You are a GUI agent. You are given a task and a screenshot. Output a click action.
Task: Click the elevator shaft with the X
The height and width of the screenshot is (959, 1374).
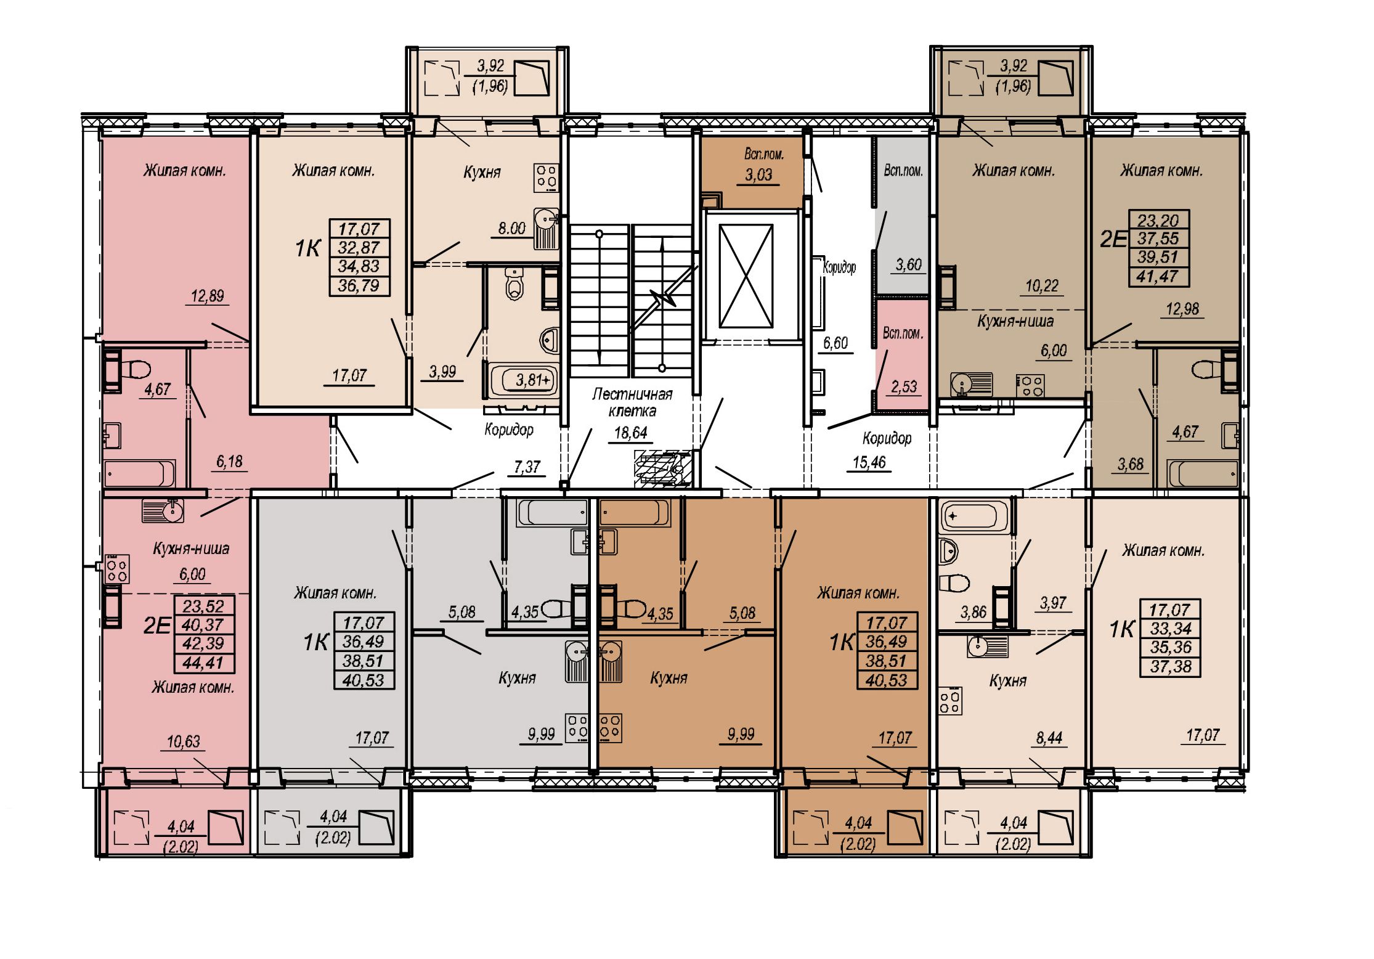tap(746, 275)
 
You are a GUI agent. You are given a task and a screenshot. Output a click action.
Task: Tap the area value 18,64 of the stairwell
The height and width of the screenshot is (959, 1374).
tap(631, 433)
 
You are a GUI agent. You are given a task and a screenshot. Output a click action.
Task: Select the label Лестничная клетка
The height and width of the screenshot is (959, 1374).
tap(632, 402)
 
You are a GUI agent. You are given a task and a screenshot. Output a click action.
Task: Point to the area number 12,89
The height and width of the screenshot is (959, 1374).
tap(207, 296)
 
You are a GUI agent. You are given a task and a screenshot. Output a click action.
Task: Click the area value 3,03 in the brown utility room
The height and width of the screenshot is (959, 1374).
tap(758, 174)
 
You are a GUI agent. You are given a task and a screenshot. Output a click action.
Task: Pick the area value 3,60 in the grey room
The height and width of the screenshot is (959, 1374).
tap(908, 264)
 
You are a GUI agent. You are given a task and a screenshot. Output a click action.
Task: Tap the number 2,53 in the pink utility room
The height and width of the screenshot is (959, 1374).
tap(904, 386)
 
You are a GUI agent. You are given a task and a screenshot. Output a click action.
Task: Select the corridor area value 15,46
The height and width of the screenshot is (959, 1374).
tap(869, 462)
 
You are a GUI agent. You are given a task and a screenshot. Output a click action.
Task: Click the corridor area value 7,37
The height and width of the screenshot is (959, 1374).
tap(527, 467)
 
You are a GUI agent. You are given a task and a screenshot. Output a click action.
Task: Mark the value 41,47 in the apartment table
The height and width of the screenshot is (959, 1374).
tap(1158, 277)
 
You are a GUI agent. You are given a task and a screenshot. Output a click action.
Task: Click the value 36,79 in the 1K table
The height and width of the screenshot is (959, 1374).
tap(359, 285)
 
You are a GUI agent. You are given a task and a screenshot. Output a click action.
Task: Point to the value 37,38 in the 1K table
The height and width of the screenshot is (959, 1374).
tap(1171, 666)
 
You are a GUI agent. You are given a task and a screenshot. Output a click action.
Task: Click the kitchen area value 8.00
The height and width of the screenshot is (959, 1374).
tap(511, 229)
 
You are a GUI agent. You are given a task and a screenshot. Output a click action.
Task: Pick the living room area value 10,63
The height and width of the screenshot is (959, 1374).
tap(184, 741)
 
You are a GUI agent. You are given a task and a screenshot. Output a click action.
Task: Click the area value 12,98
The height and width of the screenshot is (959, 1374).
tap(1182, 309)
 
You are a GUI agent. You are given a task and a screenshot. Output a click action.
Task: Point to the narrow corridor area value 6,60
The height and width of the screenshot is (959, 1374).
tap(835, 343)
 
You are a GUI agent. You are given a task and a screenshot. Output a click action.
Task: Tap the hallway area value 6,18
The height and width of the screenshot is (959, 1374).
tap(229, 462)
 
